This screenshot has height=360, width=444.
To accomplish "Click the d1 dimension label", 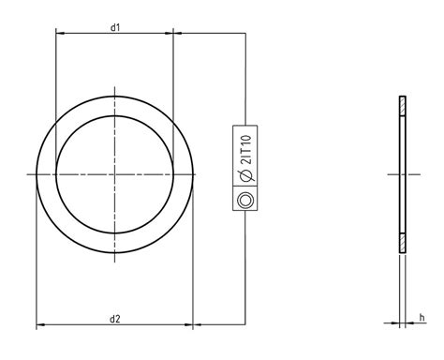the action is [x=115, y=27].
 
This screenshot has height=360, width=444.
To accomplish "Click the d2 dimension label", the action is [x=115, y=319].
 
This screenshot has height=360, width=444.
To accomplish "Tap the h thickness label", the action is [x=422, y=318].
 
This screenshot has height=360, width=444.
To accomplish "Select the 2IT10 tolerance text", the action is [x=246, y=150].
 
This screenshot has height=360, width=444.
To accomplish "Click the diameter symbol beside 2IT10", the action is [x=246, y=175].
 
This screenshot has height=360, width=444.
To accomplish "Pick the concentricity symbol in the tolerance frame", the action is [x=245, y=200].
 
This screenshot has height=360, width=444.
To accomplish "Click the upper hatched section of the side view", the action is [x=403, y=106].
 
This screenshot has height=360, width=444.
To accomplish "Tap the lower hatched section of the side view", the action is [x=403, y=243].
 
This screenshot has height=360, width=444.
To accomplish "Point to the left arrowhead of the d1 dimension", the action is [x=60, y=33].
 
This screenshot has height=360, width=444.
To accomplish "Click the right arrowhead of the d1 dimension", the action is [x=170, y=33].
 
